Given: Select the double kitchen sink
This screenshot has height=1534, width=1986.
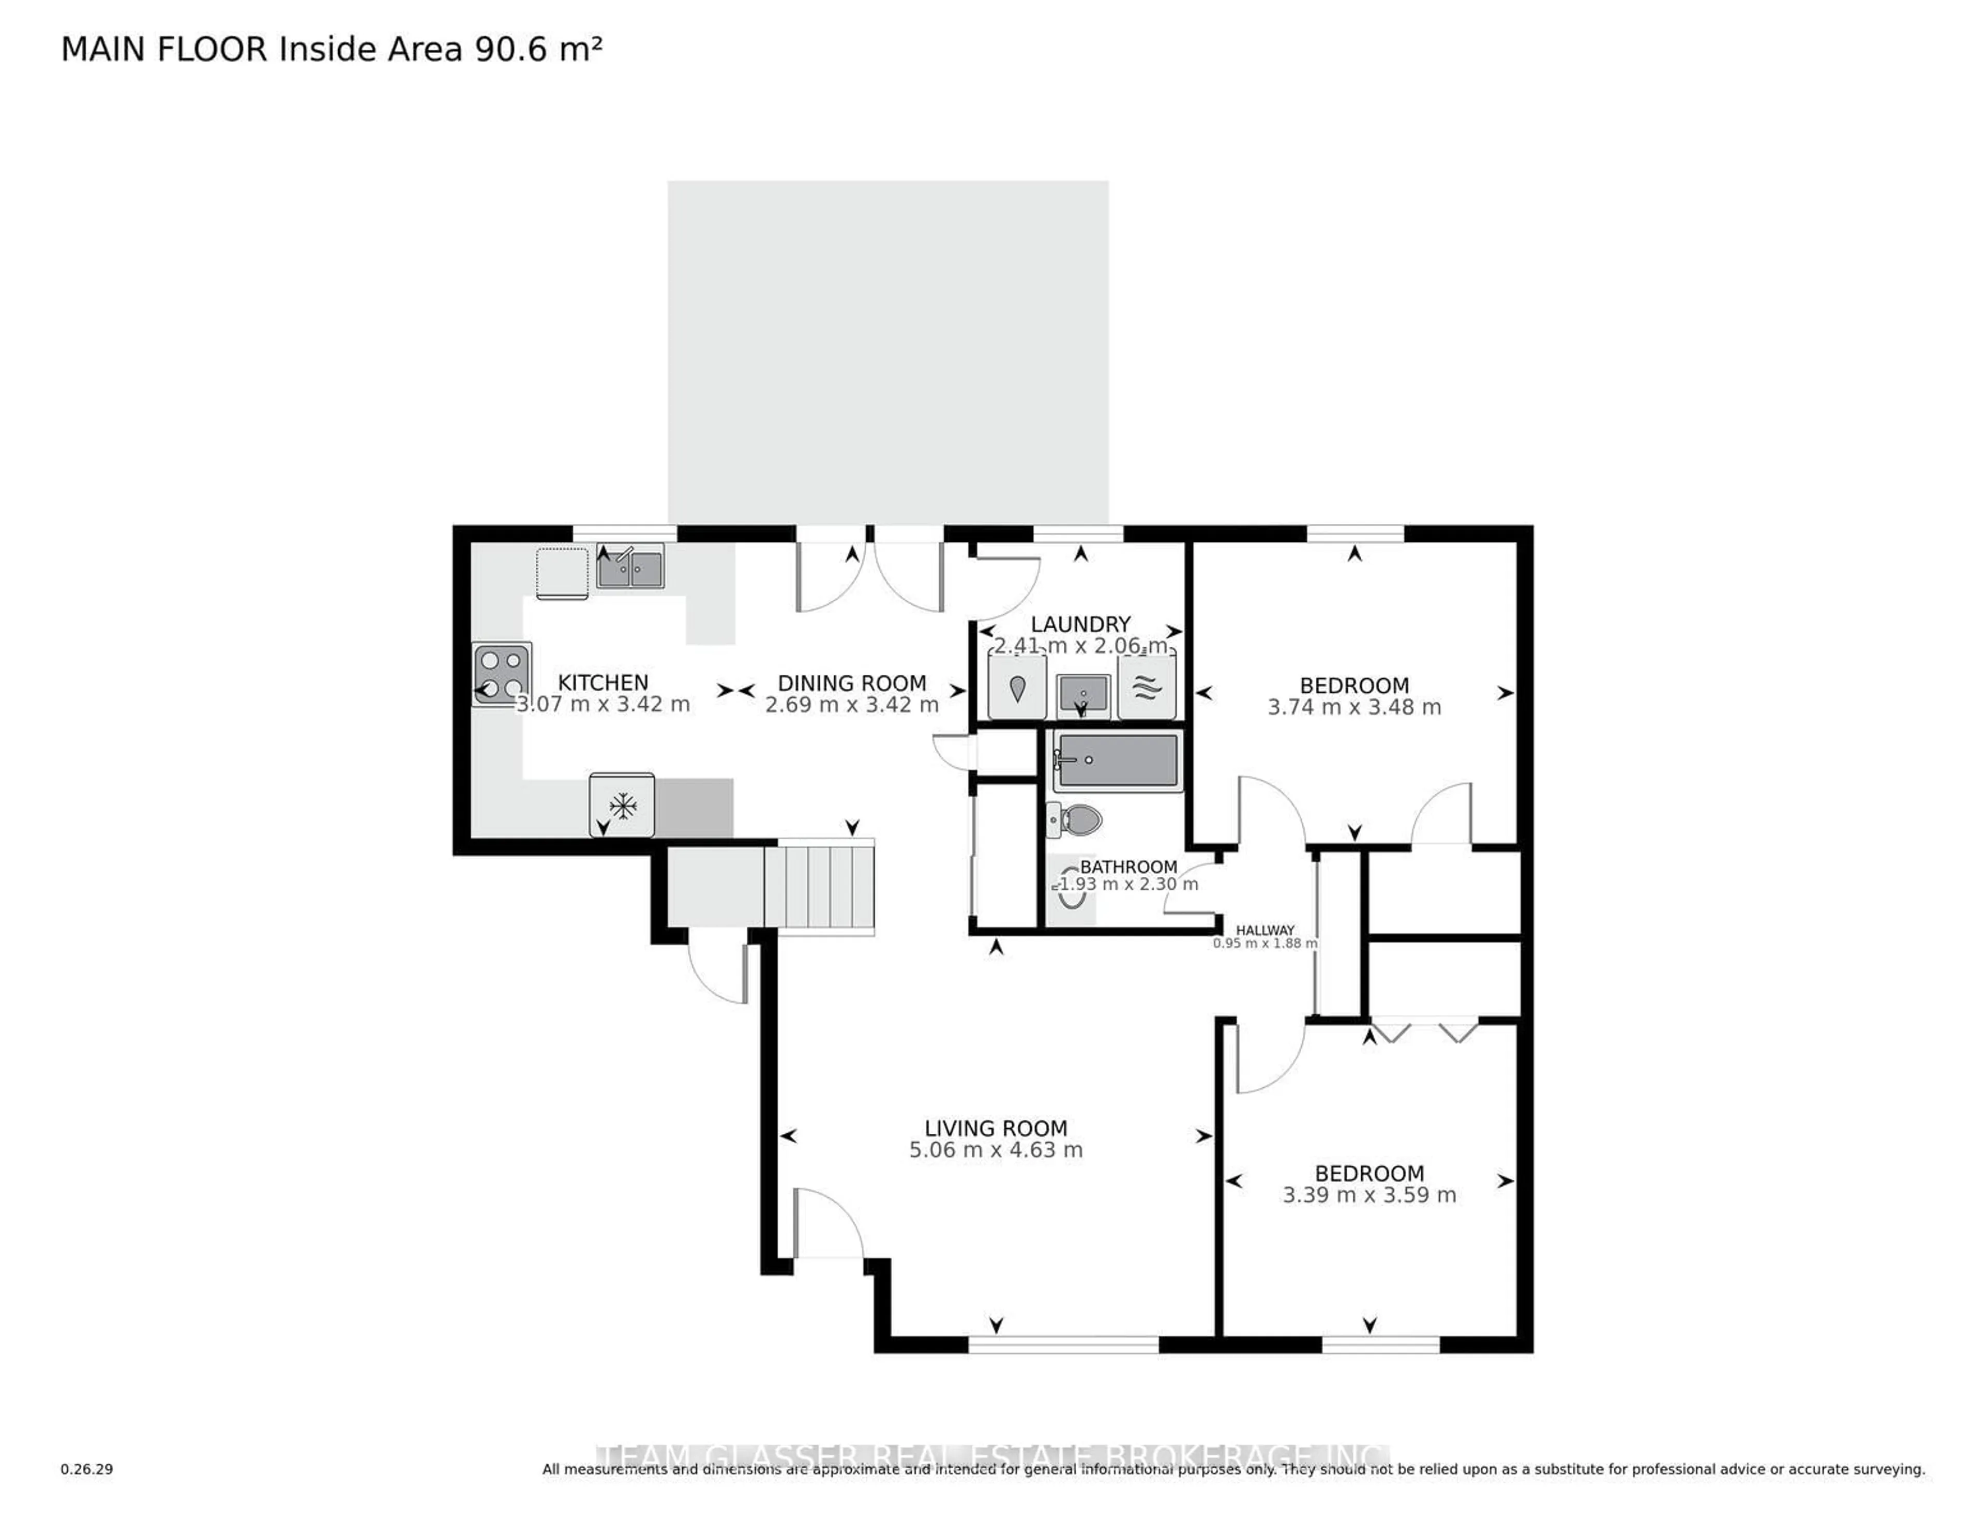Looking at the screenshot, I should [630, 567].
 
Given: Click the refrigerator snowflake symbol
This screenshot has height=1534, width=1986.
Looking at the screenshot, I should [622, 804].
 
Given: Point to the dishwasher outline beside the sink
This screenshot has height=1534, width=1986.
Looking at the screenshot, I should [562, 573].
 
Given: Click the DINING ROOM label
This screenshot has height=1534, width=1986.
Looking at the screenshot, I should [851, 683].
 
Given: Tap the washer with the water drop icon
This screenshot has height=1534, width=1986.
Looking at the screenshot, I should [1017, 688].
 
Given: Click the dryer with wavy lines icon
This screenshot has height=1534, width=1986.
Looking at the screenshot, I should [1147, 688].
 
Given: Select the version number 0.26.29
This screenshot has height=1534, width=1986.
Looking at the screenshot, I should [86, 1468].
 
